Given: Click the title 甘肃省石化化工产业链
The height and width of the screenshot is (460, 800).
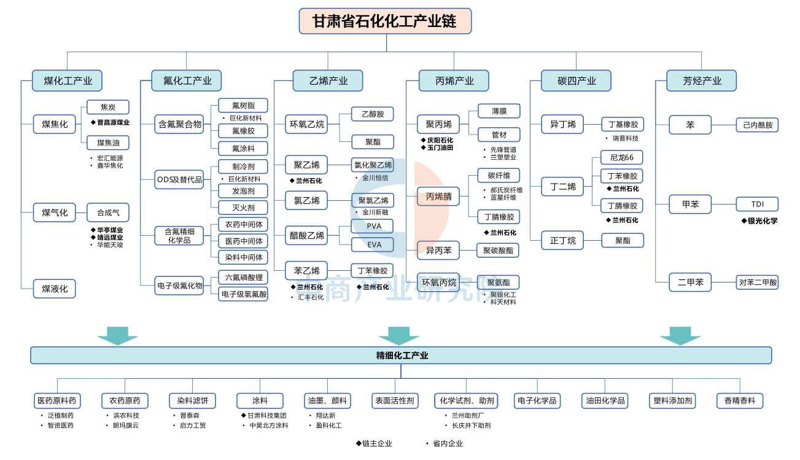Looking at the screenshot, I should point(385,21).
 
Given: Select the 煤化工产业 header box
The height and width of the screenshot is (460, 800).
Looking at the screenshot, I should point(68,81).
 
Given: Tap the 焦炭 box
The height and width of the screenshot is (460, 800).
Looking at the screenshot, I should point(107,107).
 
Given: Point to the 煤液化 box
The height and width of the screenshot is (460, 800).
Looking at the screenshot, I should point(55,289).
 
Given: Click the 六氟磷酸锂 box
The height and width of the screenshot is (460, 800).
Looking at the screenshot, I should point(243,278).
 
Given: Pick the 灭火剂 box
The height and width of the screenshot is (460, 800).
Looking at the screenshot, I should point(243,208).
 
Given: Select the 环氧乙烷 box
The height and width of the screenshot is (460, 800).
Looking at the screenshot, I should point(306,125).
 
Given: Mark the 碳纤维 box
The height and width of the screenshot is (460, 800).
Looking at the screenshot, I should point(499,176).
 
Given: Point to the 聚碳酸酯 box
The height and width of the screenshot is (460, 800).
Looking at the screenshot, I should point(498,251).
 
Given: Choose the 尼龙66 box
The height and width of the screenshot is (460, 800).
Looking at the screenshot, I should point(622,157).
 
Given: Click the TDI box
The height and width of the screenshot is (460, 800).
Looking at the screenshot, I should point(757,205).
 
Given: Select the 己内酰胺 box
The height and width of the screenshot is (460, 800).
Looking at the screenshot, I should point(757,125).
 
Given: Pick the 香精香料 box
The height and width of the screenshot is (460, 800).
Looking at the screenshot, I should point(740,401).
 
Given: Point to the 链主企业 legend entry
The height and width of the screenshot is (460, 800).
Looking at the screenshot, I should point(374,443).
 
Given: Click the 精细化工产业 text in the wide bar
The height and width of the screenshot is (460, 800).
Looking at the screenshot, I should point(402,356).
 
